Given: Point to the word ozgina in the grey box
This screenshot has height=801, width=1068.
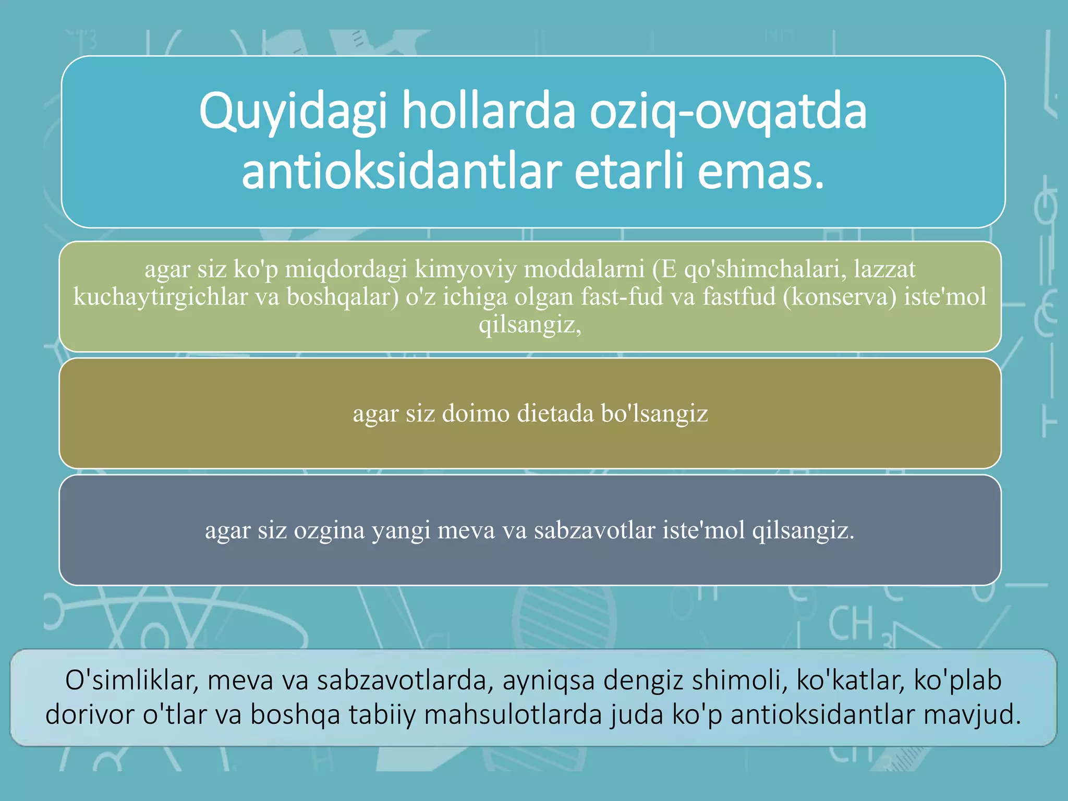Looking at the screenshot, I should pos(329,530).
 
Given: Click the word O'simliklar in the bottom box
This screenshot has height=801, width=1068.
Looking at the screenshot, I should pos(132,680).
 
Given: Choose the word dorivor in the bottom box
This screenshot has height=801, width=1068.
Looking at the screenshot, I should pos(90,714).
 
